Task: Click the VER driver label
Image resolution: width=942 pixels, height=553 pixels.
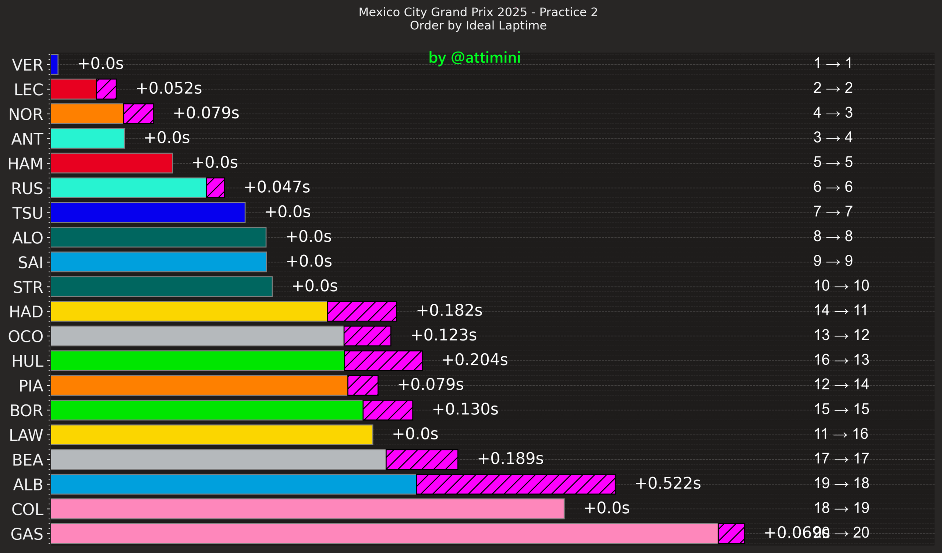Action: click(27, 65)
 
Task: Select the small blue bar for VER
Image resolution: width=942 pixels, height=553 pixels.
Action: click(54, 64)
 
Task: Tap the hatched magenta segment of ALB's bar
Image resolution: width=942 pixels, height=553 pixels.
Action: click(516, 484)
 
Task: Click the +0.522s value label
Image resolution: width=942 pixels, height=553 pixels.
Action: click(667, 483)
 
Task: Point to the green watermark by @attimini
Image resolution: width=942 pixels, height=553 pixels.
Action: click(474, 57)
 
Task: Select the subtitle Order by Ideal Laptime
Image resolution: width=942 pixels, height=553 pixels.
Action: click(478, 25)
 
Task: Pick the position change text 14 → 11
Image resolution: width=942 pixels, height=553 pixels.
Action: click(841, 310)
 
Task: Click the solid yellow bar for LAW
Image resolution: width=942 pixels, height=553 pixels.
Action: click(212, 435)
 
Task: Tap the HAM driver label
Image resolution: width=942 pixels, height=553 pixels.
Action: click(25, 164)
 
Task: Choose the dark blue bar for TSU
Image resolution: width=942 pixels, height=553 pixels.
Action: click(148, 212)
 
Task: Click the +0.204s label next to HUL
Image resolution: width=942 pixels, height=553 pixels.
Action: click(475, 360)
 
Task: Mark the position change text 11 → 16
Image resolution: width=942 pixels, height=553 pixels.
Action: click(841, 434)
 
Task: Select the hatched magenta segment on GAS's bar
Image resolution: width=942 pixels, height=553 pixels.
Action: click(731, 534)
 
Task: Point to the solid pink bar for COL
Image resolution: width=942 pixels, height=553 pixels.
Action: click(307, 509)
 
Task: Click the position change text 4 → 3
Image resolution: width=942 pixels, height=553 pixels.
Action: click(833, 113)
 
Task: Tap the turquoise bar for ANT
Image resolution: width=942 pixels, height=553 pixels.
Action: click(88, 138)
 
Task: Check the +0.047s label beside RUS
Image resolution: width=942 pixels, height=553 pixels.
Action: click(277, 187)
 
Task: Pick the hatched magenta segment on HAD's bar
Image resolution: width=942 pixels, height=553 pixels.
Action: click(361, 311)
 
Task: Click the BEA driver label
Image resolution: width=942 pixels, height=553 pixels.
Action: click(27, 460)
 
